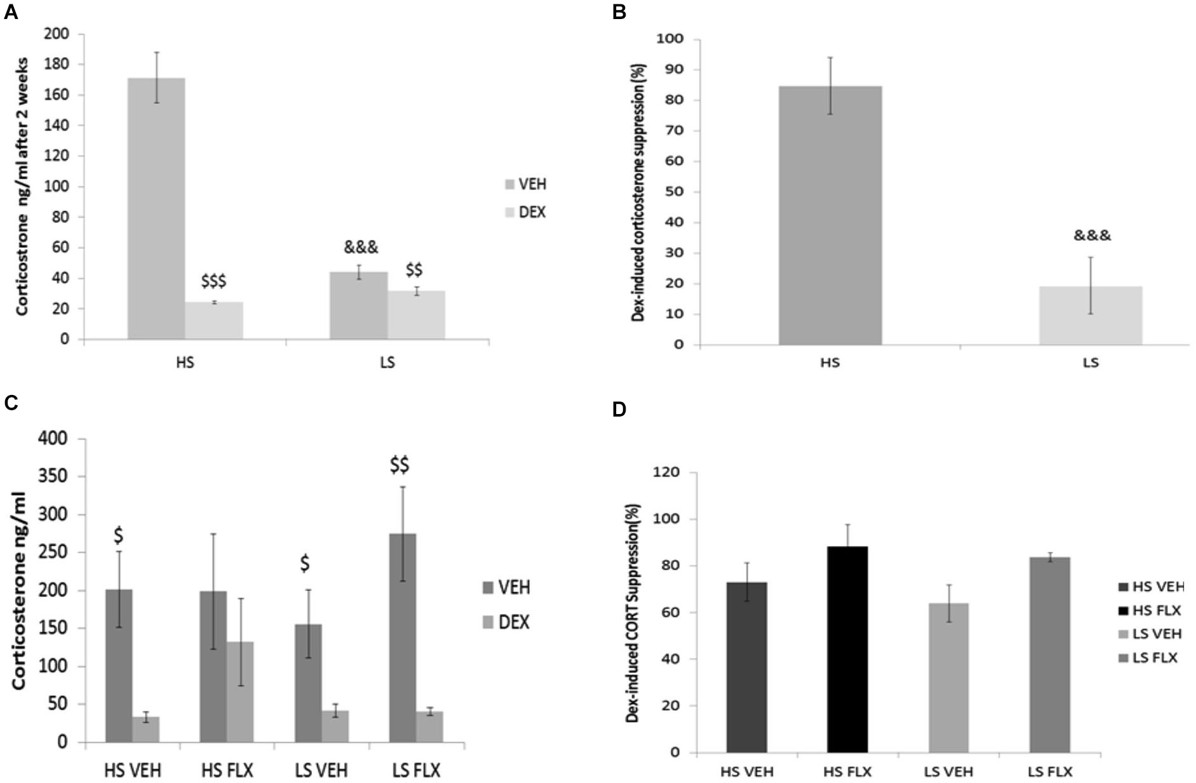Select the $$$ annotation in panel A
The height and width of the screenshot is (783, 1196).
coord(213,281)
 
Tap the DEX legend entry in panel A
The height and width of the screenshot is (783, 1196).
coord(525,212)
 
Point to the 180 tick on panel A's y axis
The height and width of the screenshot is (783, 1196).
coord(57,64)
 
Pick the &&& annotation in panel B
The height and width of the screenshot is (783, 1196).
coord(1092,236)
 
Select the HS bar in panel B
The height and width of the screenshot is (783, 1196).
coord(830,215)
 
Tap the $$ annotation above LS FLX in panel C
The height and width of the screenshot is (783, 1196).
coord(400,465)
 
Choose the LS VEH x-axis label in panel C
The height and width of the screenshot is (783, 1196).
coord(321,771)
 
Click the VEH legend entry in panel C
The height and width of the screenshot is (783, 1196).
coord(506,587)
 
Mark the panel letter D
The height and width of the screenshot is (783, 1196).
coord(619,410)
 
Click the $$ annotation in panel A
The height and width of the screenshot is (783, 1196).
coord(414,271)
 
